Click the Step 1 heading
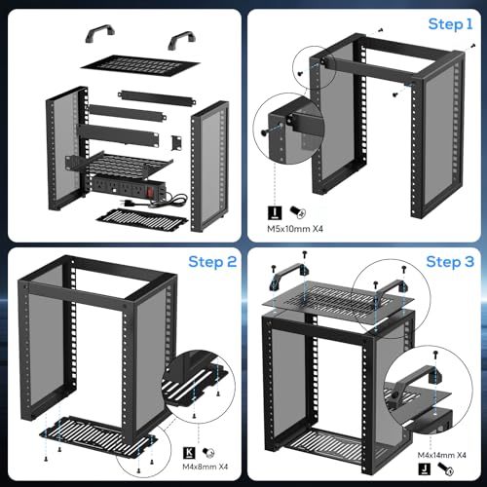[x=450, y=24]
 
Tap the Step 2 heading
[x=212, y=262]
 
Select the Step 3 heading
[x=450, y=262]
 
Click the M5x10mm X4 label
[x=295, y=229]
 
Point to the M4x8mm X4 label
[x=206, y=467]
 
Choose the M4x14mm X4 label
[x=442, y=455]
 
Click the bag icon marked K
[x=189, y=453]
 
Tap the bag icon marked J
[x=424, y=468]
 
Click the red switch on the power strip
[x=150, y=192]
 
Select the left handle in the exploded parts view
[x=100, y=32]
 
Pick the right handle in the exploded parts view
[x=182, y=39]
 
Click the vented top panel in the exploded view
[x=140, y=66]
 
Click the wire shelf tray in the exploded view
[x=119, y=165]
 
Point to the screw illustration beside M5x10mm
[x=298, y=212]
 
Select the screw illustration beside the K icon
[x=208, y=453]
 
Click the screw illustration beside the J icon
[x=445, y=469]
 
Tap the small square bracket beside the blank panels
[x=176, y=142]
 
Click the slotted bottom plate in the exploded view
[x=142, y=220]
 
